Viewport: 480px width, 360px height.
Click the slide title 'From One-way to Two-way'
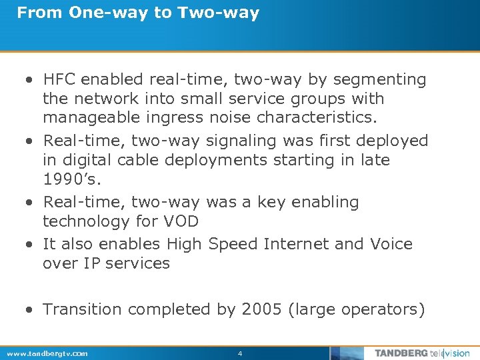point(138,13)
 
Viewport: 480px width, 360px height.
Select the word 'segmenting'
point(379,79)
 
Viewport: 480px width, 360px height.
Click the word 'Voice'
point(389,244)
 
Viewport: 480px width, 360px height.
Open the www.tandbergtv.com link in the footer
point(47,353)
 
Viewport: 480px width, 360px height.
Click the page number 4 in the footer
point(240,353)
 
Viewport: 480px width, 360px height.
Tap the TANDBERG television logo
point(421,353)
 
